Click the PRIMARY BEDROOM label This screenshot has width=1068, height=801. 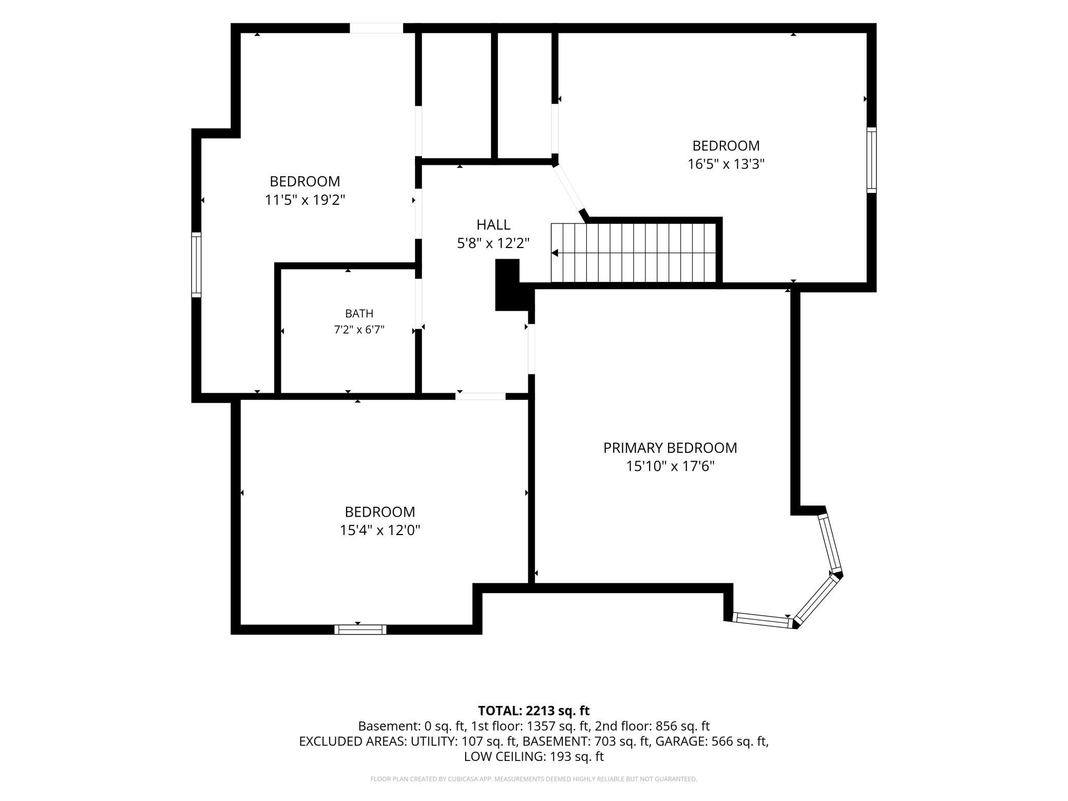click(670, 448)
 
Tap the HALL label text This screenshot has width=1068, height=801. click(493, 224)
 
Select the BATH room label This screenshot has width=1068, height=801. click(359, 313)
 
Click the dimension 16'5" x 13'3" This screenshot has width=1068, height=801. click(726, 164)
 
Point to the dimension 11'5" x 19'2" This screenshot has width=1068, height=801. click(305, 200)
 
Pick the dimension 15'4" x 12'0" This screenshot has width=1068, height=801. click(380, 530)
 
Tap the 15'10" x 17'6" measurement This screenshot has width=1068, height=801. click(670, 466)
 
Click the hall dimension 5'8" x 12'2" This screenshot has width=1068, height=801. click(493, 243)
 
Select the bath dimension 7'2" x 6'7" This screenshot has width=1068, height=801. click(359, 330)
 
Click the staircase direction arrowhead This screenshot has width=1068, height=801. click(555, 253)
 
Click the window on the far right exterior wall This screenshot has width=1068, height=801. click(871, 160)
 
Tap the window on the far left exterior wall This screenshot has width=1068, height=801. click(196, 264)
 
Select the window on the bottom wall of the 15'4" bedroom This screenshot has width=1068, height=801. click(360, 630)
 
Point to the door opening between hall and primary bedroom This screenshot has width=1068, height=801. click(531, 349)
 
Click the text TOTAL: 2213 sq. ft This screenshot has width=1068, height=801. click(534, 711)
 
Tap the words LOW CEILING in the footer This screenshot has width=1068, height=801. click(505, 756)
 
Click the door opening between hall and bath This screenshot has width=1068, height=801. click(418, 304)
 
